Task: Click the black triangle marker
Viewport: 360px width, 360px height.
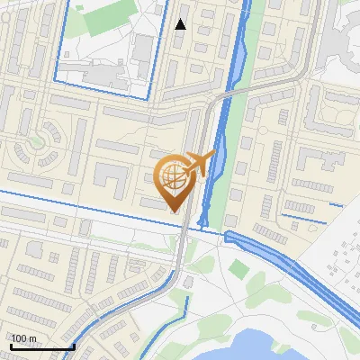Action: pyautogui.click(x=181, y=24)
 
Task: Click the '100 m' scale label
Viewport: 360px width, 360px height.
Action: pyautogui.click(x=24, y=338)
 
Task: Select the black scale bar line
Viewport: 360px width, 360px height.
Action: pyautogui.click(x=42, y=346)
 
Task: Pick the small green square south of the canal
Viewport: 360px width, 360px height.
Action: pyautogui.click(x=238, y=267)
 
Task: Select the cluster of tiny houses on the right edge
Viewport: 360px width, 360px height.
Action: pyautogui.click(x=342, y=256)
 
